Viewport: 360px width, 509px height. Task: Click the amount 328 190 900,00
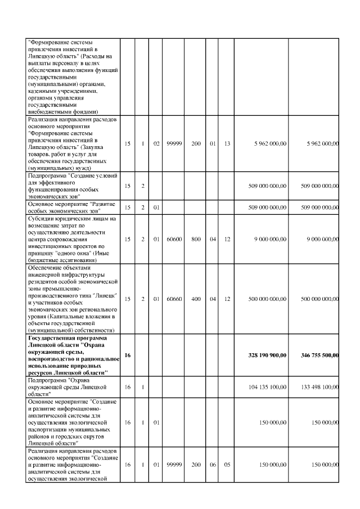tap(267, 355)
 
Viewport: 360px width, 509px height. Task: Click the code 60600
tap(174, 238)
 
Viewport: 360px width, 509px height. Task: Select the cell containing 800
tap(196, 238)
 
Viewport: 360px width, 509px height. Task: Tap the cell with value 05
tap(227, 466)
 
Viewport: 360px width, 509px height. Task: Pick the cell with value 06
tap(213, 466)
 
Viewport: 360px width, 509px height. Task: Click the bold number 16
tap(128, 355)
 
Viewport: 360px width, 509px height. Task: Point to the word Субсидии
tap(41, 218)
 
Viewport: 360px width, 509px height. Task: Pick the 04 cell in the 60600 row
tap(213, 238)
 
